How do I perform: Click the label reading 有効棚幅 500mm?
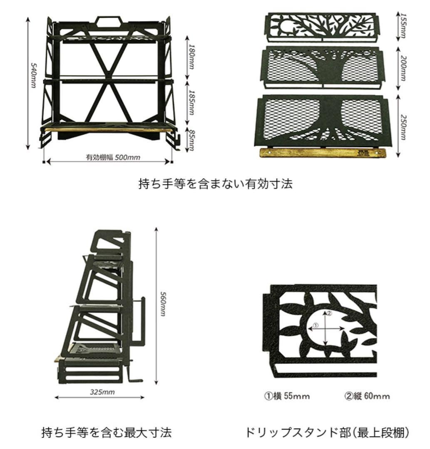click(x=113, y=158)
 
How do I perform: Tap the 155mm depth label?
click(x=402, y=26)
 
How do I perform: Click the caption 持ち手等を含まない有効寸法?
click(x=215, y=184)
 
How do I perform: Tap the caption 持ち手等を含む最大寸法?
click(x=107, y=432)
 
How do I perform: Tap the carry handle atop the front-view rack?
click(x=109, y=21)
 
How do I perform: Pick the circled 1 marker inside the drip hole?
click(x=316, y=326)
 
